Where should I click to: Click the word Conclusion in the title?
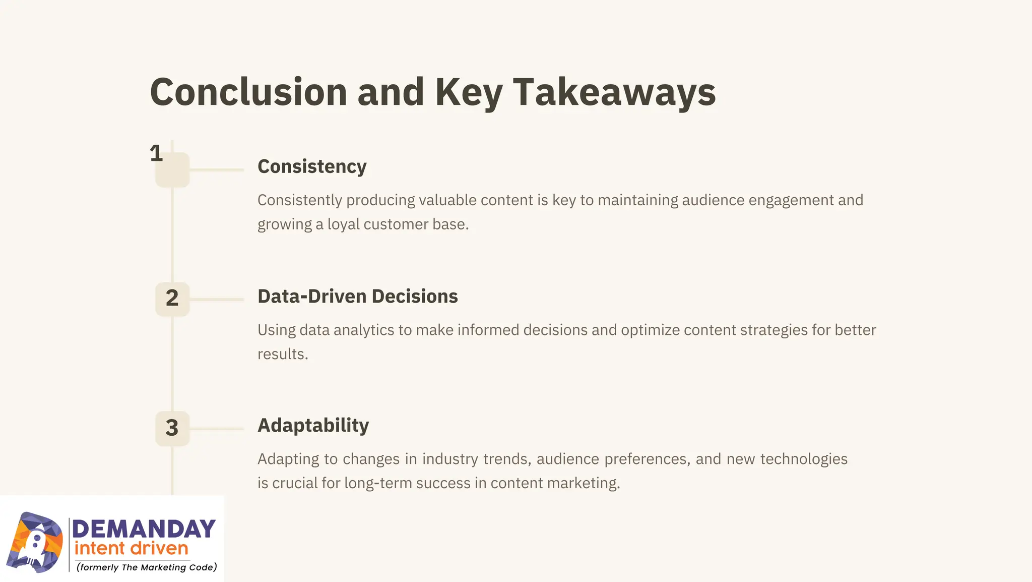coord(248,92)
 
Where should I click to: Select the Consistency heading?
coord(312,166)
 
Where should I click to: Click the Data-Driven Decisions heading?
coord(357,296)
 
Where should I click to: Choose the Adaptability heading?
coord(313,425)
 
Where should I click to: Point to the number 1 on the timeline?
coord(156,153)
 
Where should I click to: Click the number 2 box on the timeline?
coord(172,298)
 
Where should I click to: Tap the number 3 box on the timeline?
coord(172,428)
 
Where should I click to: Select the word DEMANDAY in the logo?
coord(144,529)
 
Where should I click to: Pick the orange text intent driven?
coord(131,549)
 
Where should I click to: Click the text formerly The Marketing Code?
coord(147,567)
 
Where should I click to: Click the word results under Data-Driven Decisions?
coord(282,354)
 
